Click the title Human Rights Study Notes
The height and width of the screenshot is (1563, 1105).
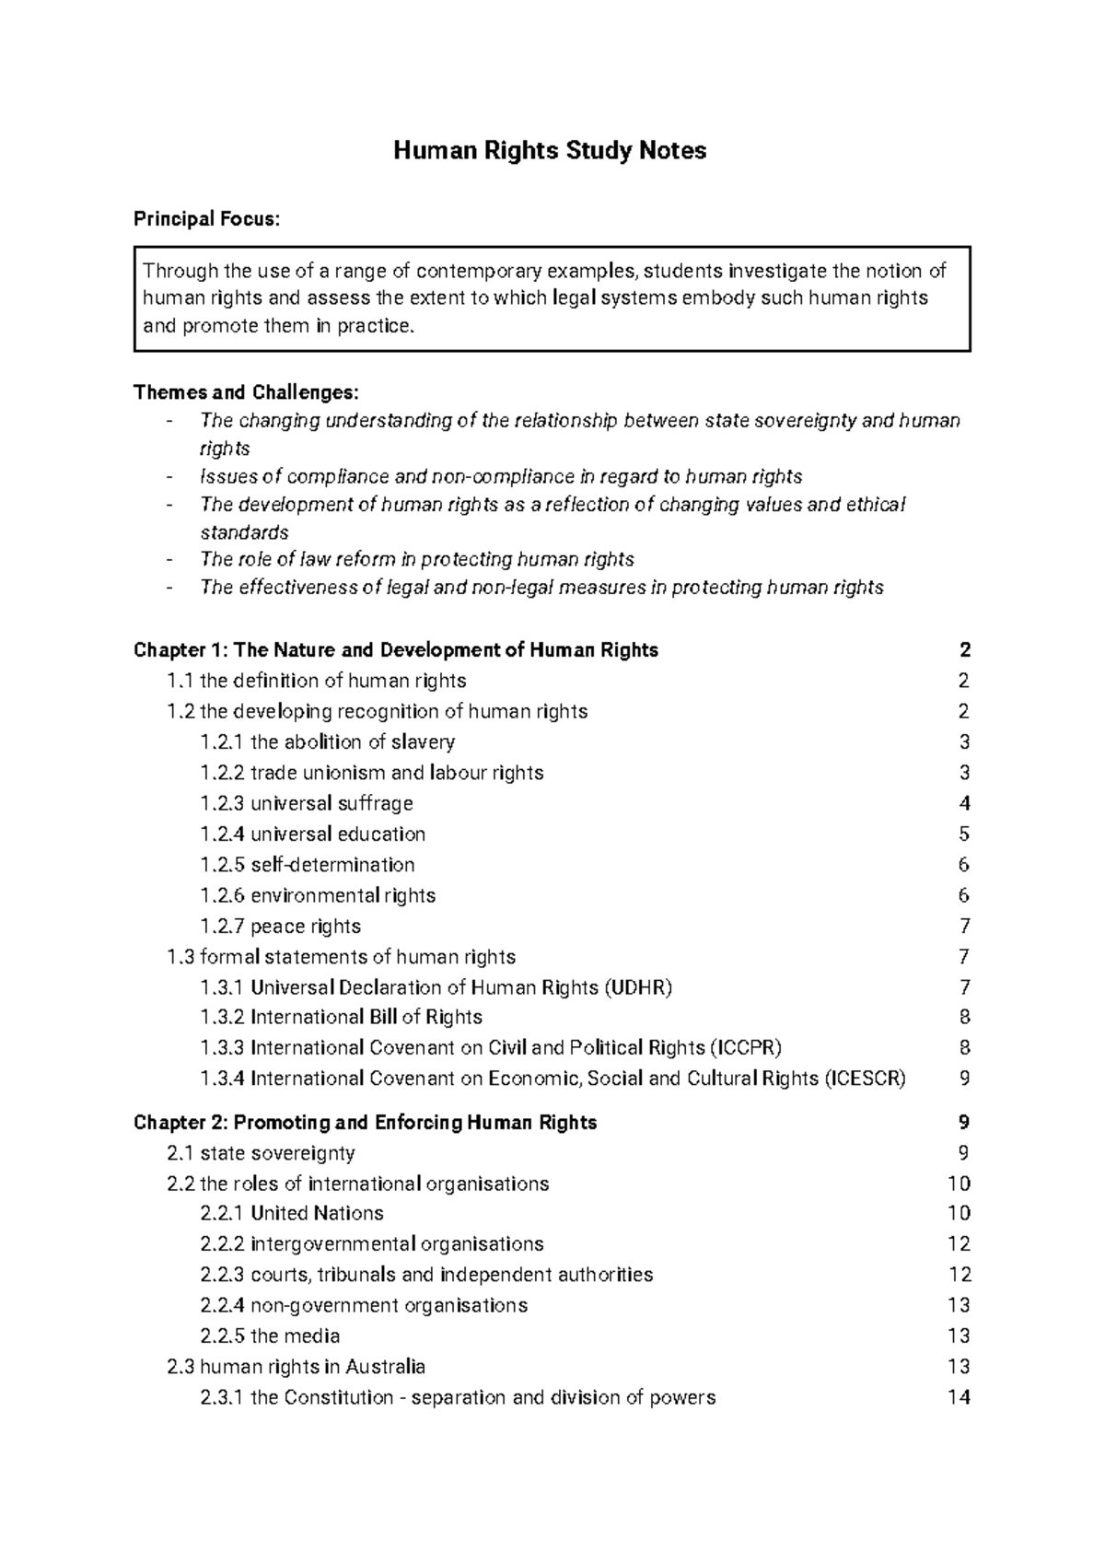point(550,151)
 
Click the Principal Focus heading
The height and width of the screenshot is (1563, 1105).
point(205,219)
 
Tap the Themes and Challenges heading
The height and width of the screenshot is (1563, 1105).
point(245,392)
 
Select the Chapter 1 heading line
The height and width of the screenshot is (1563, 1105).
point(396,650)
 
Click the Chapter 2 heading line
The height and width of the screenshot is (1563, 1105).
point(366,1122)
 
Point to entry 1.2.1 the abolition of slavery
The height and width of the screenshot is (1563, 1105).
point(327,742)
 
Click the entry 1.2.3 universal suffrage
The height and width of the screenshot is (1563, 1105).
point(306,803)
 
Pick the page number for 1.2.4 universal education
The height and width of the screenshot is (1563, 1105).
point(964,834)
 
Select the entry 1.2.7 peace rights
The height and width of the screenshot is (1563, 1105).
point(280,926)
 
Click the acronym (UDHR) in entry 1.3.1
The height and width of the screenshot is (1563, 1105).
point(638,987)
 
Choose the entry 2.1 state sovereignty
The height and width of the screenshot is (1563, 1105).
point(261,1153)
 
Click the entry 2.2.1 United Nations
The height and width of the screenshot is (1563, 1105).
point(291,1213)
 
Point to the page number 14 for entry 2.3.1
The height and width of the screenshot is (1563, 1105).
point(959,1397)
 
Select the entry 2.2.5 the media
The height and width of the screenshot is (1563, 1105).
point(270,1336)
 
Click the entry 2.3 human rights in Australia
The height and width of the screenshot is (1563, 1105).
point(296,1367)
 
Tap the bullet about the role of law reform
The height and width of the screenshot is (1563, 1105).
point(416,560)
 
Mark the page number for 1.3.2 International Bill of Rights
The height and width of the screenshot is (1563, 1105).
point(964,1017)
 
